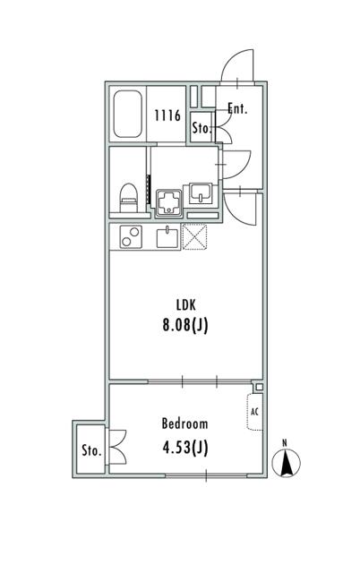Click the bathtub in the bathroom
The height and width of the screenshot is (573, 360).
point(127,114)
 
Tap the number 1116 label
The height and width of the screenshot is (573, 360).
point(167,115)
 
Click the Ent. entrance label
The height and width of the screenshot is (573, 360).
point(237,108)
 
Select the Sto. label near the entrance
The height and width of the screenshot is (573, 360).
point(201,127)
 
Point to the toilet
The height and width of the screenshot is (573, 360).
point(129,198)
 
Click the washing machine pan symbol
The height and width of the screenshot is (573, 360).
point(169,203)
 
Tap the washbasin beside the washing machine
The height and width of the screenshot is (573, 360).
point(200,194)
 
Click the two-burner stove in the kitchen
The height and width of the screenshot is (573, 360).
point(131,236)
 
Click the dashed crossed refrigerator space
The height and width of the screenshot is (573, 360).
point(194,236)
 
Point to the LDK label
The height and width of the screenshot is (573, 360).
point(186,304)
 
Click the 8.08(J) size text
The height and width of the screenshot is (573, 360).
point(185,325)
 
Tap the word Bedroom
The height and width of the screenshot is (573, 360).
point(185,423)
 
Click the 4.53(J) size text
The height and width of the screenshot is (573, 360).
point(185,448)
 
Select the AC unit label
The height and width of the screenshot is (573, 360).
point(254,412)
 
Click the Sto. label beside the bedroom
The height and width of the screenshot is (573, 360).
point(91,450)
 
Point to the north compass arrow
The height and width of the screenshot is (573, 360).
point(287,462)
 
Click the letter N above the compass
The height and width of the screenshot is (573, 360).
point(285,443)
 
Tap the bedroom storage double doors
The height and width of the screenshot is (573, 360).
point(117,447)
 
